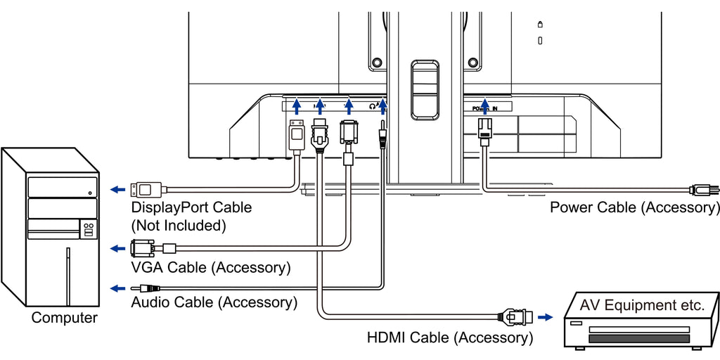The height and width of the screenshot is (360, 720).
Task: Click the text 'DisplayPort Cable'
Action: (191, 208)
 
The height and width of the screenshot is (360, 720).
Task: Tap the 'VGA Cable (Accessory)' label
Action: (211, 268)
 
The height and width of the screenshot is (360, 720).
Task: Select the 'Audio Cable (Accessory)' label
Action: (214, 302)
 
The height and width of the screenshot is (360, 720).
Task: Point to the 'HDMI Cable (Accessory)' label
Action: (450, 337)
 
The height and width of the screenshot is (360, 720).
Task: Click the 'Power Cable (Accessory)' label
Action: (634, 207)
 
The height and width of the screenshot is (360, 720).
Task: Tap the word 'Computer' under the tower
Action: (65, 318)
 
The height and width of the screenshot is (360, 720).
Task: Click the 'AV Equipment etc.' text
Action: (642, 306)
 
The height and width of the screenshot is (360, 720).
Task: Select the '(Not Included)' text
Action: (179, 226)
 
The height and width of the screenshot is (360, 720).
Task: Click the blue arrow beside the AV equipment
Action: (544, 317)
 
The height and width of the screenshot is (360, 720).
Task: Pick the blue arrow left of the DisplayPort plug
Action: (119, 189)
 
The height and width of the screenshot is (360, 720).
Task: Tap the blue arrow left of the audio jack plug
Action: (119, 288)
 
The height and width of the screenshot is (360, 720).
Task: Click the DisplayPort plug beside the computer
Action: (149, 189)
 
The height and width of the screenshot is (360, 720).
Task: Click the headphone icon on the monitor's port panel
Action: (373, 106)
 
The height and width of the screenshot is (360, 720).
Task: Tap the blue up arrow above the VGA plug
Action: (348, 106)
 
